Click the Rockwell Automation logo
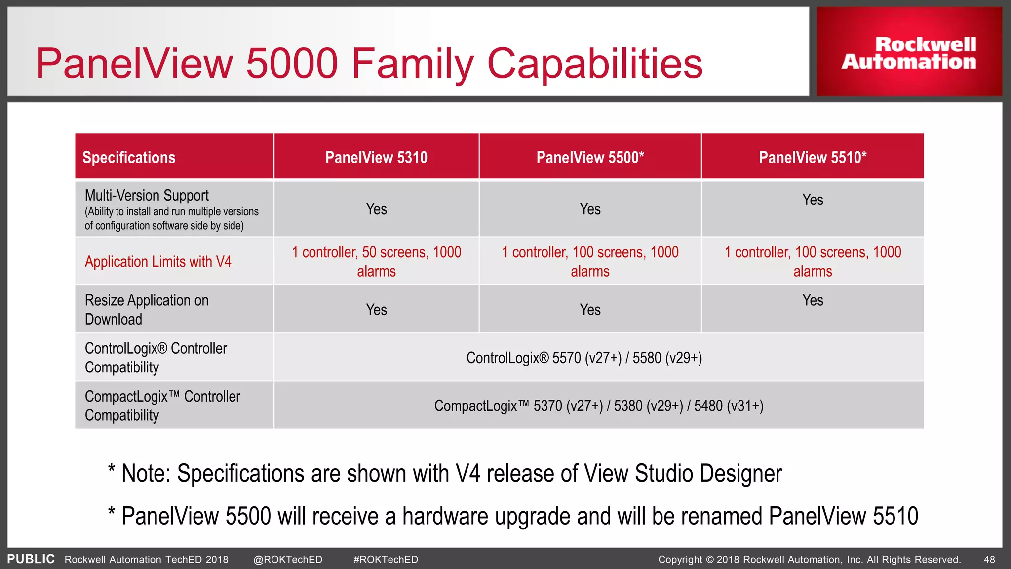click(909, 53)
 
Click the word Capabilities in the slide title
click(594, 64)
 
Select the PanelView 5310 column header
click(376, 157)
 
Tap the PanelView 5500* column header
click(590, 157)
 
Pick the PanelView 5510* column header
click(813, 157)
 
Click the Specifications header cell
click(129, 157)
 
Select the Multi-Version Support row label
click(147, 196)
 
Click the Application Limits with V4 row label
click(158, 261)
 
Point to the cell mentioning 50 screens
click(376, 261)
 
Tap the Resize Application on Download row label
click(147, 310)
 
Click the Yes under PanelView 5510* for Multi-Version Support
click(813, 200)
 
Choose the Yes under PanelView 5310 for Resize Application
click(376, 310)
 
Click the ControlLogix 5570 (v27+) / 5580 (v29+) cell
click(584, 358)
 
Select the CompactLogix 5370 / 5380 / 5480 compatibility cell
click(599, 406)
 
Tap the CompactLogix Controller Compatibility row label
click(162, 406)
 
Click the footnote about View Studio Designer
click(445, 473)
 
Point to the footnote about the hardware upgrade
click(513, 516)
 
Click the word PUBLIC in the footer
click(31, 559)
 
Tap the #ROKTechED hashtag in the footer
click(386, 560)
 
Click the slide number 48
click(989, 560)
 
